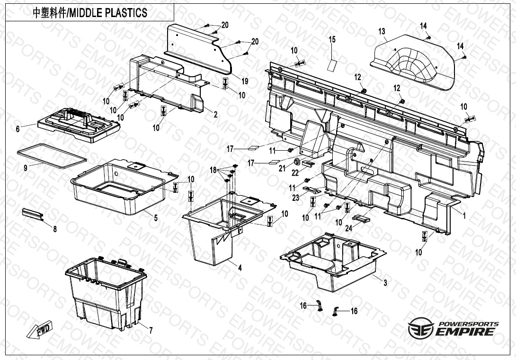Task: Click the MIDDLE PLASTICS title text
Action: coord(90,13)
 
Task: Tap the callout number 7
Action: coord(151,331)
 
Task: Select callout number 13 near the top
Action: coord(382,32)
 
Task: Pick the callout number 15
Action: coord(332,40)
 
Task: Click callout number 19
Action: coord(244,81)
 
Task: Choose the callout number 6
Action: coord(18,128)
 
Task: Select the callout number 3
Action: coord(385,283)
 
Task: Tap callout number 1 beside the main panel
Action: coord(464,216)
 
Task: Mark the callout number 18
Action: coord(213,170)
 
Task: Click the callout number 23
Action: coord(296,198)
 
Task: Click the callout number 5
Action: coord(155,217)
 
